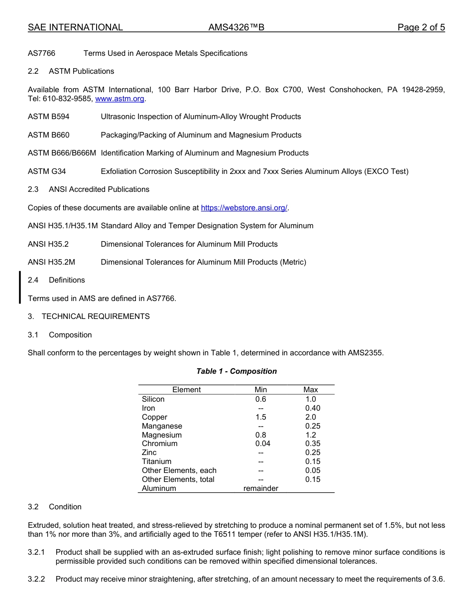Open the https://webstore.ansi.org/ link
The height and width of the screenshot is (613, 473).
pyautogui.click(x=244, y=208)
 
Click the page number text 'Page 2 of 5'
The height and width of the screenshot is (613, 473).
pyautogui.click(x=421, y=27)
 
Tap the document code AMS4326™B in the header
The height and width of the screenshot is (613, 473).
pyautogui.click(x=236, y=27)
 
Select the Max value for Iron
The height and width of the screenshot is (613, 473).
pyautogui.click(x=313, y=408)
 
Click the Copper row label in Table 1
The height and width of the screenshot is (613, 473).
pyautogui.click(x=154, y=417)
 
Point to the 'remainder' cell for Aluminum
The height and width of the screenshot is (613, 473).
pyautogui.click(x=260, y=488)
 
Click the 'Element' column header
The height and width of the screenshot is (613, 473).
pyautogui.click(x=186, y=390)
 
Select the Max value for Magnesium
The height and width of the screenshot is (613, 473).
pyautogui.click(x=311, y=435)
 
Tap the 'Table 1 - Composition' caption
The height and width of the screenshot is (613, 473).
pyautogui.click(x=236, y=371)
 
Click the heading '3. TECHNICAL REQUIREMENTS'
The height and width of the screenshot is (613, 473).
pyautogui.click(x=89, y=316)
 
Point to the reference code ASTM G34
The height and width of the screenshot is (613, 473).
pyautogui.click(x=47, y=171)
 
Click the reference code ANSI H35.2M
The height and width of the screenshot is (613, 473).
pyautogui.click(x=51, y=262)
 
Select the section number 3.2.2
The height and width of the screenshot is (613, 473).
pyautogui.click(x=36, y=579)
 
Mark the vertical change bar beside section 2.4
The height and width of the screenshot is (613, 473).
pyautogui.click(x=20, y=288)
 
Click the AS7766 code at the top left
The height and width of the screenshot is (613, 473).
pyautogui.click(x=41, y=53)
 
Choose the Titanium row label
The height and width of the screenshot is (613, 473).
pyautogui.click(x=156, y=461)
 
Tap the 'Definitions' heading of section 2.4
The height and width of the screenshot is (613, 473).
pyautogui.click(x=67, y=280)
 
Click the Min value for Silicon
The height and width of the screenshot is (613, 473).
pyautogui.click(x=260, y=399)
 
